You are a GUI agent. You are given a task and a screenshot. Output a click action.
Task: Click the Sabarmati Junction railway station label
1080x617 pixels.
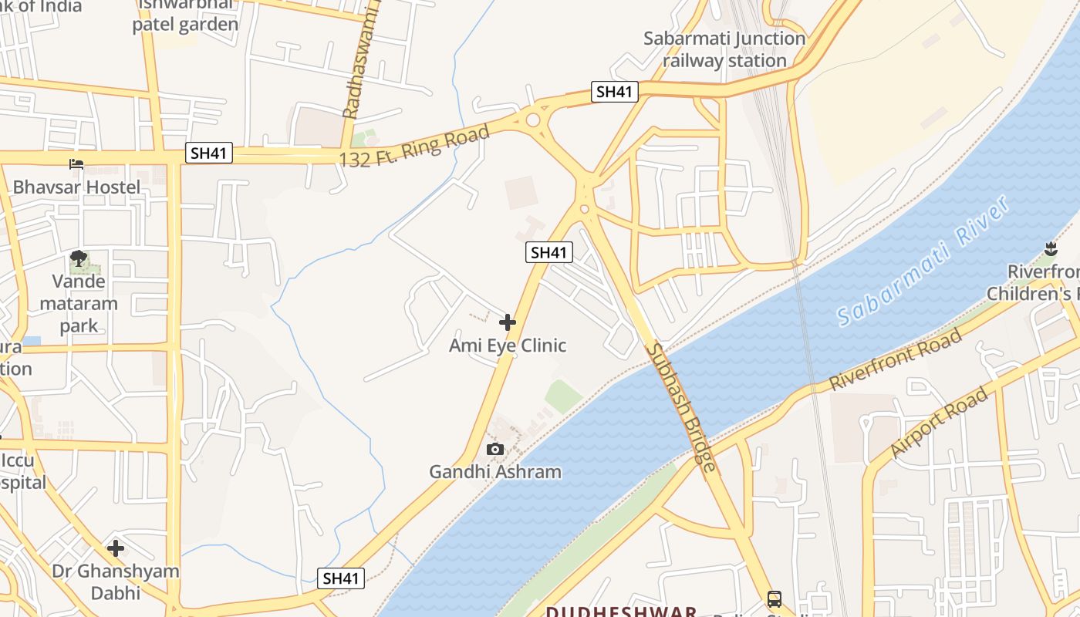[724, 49]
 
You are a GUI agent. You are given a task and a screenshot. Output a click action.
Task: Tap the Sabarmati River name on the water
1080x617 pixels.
[923, 261]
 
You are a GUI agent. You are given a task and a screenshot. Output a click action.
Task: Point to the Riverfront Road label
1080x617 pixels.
[896, 359]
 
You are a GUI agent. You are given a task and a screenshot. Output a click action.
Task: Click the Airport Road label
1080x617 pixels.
[938, 423]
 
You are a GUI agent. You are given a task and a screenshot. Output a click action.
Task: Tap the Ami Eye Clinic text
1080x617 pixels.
[508, 346]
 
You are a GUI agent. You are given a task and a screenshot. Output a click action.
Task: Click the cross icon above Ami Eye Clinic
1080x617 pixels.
[508, 322]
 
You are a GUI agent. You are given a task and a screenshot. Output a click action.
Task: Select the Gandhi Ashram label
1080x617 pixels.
[495, 471]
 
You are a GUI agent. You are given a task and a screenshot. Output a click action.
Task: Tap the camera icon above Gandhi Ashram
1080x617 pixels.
[495, 449]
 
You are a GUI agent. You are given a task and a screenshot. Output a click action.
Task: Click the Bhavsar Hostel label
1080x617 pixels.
[76, 187]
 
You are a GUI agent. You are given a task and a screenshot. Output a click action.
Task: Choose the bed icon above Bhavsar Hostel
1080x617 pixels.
[76, 164]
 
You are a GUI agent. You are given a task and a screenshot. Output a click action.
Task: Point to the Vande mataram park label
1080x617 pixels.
[79, 303]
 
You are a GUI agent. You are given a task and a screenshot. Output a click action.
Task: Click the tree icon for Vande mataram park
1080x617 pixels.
[78, 258]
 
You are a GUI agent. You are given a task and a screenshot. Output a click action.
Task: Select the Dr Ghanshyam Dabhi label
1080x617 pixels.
[116, 582]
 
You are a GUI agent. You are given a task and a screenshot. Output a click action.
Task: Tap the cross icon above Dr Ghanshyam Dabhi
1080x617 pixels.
[116, 548]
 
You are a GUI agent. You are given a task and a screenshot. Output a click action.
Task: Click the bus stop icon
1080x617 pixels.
[774, 599]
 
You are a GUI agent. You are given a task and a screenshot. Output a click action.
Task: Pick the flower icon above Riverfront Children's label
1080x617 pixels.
[1050, 248]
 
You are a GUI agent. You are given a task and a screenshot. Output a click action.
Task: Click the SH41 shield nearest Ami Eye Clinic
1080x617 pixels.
[549, 252]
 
